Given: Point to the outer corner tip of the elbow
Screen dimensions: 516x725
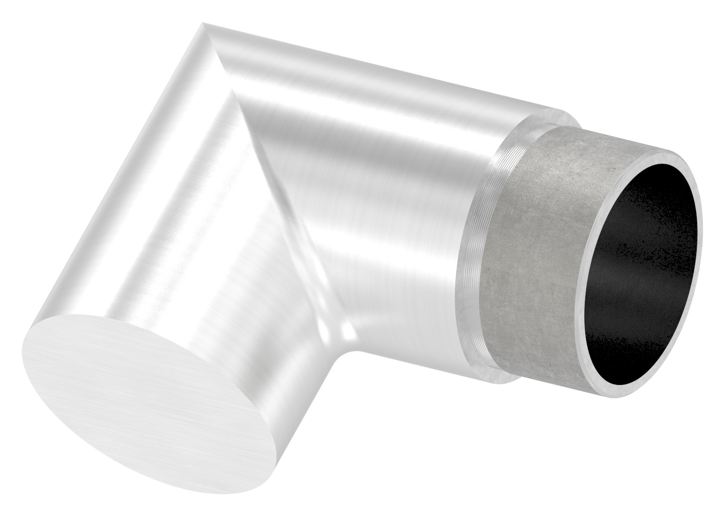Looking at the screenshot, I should click(205, 26).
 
